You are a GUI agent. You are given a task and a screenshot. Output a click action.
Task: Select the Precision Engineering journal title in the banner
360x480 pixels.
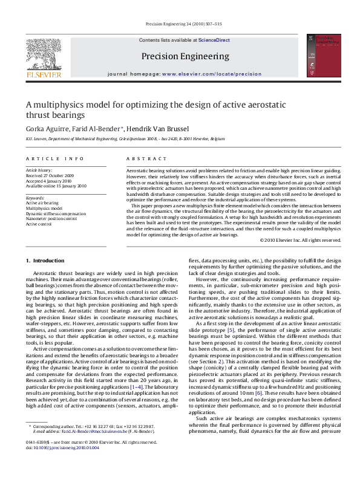(x=185, y=56)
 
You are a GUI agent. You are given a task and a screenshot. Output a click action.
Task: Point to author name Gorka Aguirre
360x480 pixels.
(x=46, y=129)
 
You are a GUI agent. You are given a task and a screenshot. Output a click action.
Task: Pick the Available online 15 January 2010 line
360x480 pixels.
(x=56, y=186)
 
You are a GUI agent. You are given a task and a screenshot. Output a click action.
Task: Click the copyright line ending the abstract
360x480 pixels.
(x=300, y=240)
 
